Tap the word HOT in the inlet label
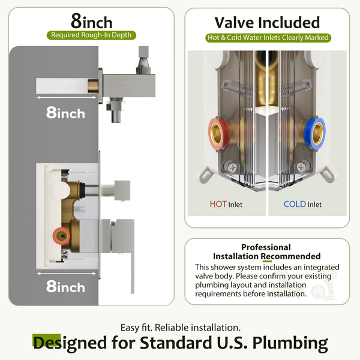pyautogui.click(x=218, y=204)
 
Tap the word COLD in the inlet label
pyautogui.click(x=295, y=204)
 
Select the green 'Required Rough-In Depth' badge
pyautogui.click(x=91, y=35)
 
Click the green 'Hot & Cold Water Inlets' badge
pyautogui.click(x=268, y=38)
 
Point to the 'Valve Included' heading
pyautogui.click(x=267, y=23)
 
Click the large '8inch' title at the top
pyautogui.click(x=92, y=21)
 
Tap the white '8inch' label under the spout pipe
pyautogui.click(x=65, y=113)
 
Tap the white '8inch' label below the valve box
pyautogui.click(x=65, y=286)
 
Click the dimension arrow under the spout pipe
pyautogui.click(x=67, y=98)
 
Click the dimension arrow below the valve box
pyautogui.click(x=67, y=274)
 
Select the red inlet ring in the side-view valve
pyautogui.click(x=61, y=236)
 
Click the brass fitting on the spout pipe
pyautogui.click(x=93, y=86)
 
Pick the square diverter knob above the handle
pyautogui.click(x=122, y=190)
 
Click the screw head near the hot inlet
pyautogui.click(x=232, y=167)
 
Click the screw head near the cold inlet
pyautogui.click(x=301, y=167)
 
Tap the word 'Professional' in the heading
pyautogui.click(x=266, y=247)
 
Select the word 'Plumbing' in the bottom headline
pyautogui.click(x=290, y=343)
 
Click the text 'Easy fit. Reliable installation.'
pyautogui.click(x=181, y=328)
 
